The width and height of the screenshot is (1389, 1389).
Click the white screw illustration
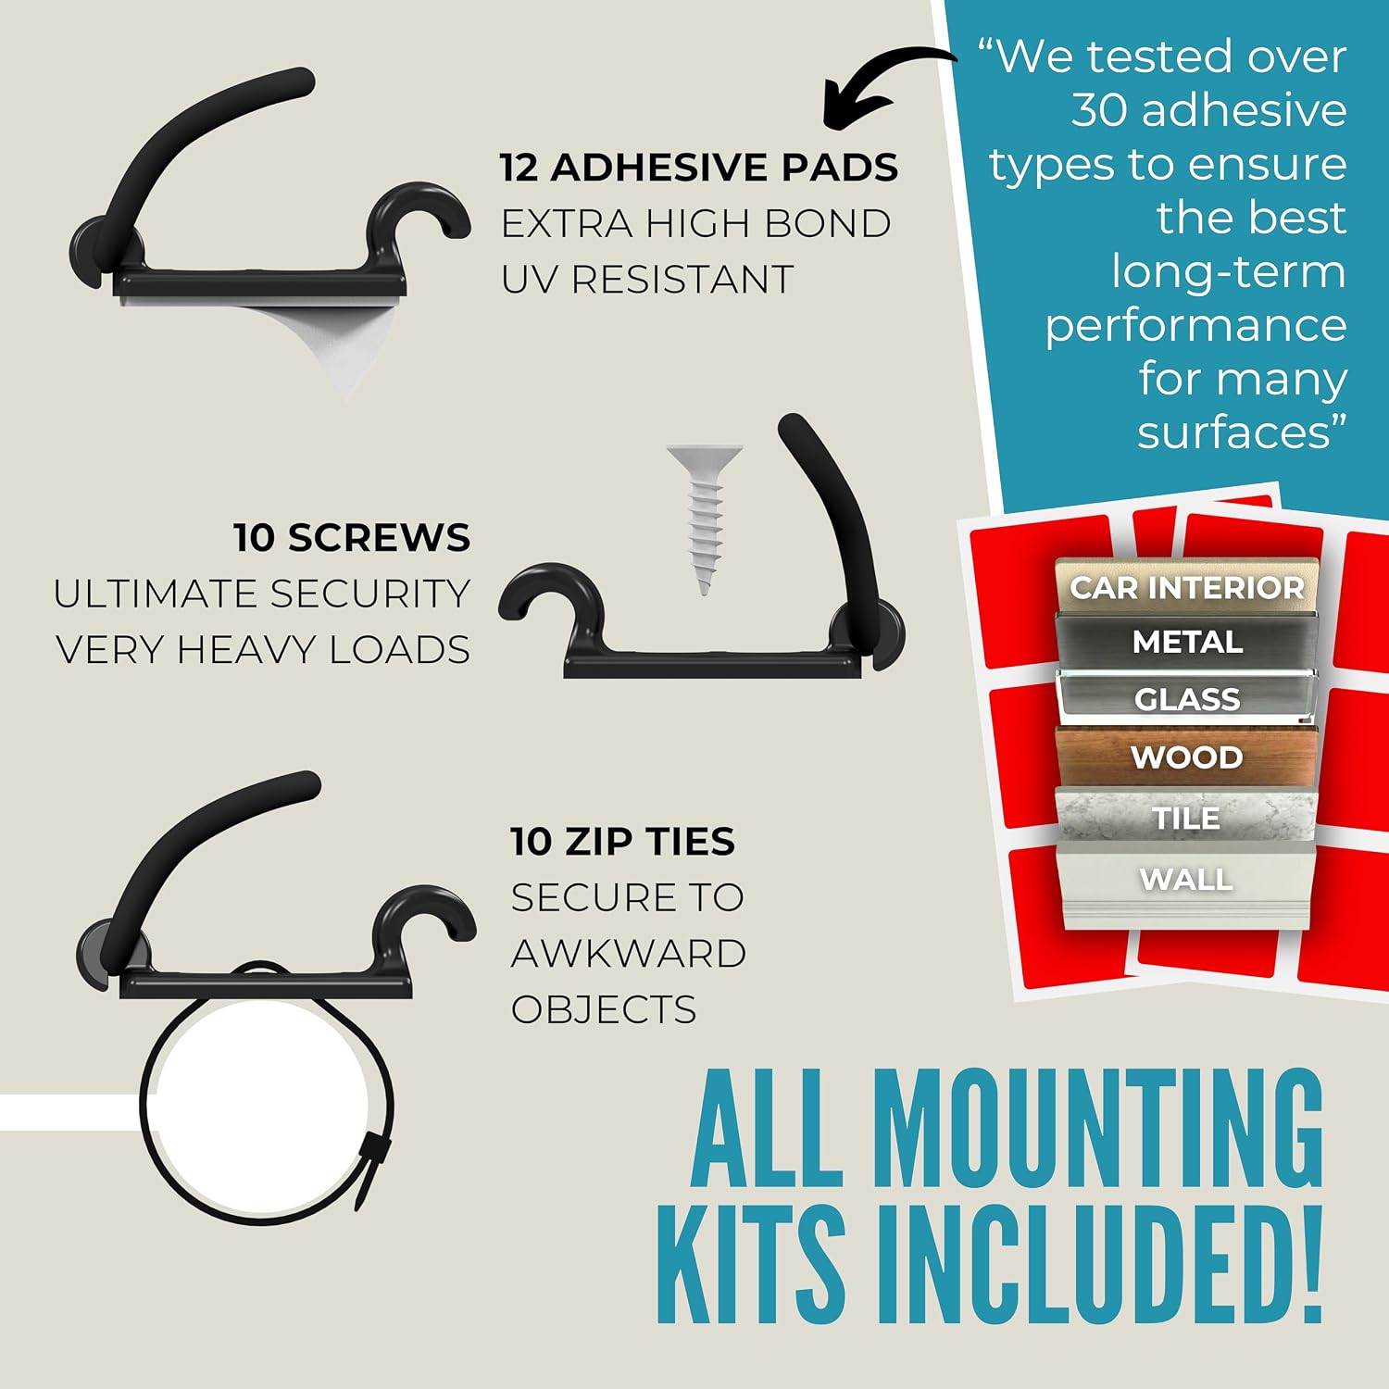[x=704, y=517]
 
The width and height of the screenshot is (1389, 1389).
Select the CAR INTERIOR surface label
[x=1186, y=587]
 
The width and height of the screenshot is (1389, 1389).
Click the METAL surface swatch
[x=1187, y=641]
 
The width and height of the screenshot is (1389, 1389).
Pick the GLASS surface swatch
[x=1187, y=698]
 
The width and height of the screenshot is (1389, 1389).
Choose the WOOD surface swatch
[x=1187, y=757]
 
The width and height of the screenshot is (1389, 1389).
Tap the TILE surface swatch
[x=1186, y=817]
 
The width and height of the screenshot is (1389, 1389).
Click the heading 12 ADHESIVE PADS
[x=699, y=168]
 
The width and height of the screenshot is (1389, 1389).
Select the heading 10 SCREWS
[x=352, y=538]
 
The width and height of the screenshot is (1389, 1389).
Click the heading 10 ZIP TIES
[x=622, y=842]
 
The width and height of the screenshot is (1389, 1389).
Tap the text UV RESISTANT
[x=647, y=279]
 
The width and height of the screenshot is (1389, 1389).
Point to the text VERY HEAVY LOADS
[x=263, y=650]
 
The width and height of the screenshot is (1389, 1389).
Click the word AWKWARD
[x=629, y=954]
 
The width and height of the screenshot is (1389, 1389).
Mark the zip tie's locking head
[x=372, y=1169]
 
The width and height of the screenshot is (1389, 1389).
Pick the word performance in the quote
[x=1195, y=326]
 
